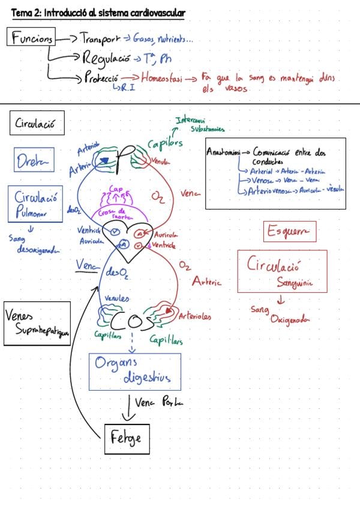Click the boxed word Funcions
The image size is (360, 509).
pyautogui.click(x=32, y=38)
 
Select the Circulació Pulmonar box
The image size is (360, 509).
pyautogui.click(x=36, y=203)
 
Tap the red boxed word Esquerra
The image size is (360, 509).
pyautogui.click(x=289, y=231)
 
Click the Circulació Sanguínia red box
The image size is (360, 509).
pyautogui.click(x=282, y=271)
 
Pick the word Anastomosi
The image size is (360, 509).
pyautogui.click(x=223, y=152)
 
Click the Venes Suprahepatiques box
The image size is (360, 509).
pyautogui.click(x=37, y=324)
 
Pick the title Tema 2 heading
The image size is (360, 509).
pyautogui.click(x=98, y=13)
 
